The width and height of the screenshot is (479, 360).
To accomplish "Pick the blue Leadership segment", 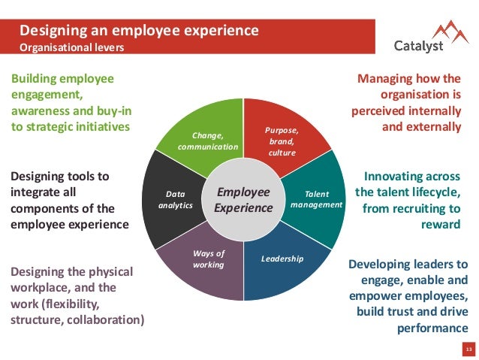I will [284, 263].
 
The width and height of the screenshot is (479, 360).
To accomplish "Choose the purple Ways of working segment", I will [208, 263].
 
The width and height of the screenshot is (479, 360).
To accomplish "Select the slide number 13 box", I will [468, 350].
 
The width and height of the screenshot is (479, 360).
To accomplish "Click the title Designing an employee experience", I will [139, 31].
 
